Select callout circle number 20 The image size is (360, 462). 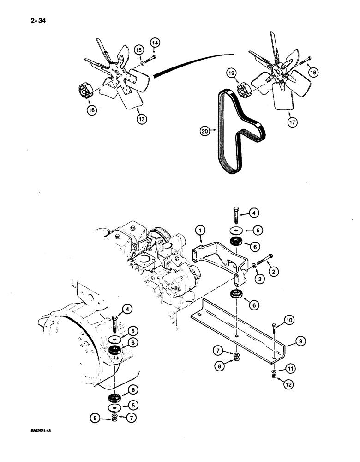pos(206,131)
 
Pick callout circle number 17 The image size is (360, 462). pos(292,122)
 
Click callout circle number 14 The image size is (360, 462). pos(155,43)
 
